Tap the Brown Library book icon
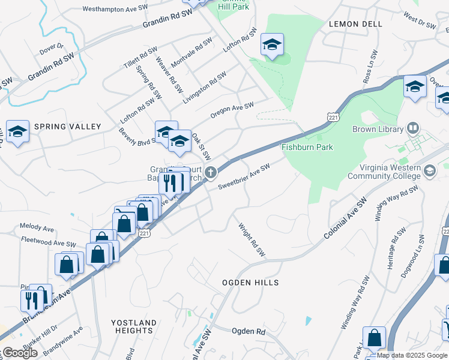pyautogui.click(x=413, y=128)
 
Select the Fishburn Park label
pyautogui.click(x=307, y=147)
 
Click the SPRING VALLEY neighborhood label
pyautogui.click(x=67, y=127)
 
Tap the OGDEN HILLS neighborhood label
pyautogui.click(x=250, y=282)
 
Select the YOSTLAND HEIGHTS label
pyautogui.click(x=133, y=326)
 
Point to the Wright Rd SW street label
pyautogui.click(x=252, y=240)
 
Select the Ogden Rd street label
pyautogui.click(x=248, y=331)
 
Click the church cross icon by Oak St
pyautogui.click(x=210, y=173)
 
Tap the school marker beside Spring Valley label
pyautogui.click(x=17, y=131)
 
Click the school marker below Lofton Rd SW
pyautogui.click(x=272, y=44)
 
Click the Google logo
pyautogui.click(x=20, y=353)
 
